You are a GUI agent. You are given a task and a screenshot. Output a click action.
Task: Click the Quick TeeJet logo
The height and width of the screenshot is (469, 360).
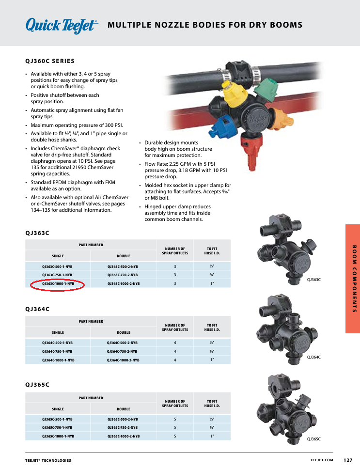coord(62,25)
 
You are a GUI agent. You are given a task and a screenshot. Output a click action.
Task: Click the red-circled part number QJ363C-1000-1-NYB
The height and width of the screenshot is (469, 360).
coord(58,283)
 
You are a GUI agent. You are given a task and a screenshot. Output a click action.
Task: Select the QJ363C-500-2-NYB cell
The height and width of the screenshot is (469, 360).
coord(123,266)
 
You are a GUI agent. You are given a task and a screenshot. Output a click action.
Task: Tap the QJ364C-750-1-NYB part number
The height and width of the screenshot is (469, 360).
coord(58,351)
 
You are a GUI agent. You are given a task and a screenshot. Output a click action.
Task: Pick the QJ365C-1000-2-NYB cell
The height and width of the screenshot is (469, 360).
coord(123,436)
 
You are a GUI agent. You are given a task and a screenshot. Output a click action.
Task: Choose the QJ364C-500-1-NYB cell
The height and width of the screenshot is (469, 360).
coord(58,343)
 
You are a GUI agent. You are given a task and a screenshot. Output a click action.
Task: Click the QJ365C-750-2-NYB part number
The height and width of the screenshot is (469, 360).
coord(123,427)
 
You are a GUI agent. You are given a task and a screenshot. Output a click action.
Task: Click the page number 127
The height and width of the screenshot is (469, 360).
coord(348,460)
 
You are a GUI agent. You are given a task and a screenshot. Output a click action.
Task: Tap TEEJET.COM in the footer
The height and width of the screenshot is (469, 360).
coord(322,460)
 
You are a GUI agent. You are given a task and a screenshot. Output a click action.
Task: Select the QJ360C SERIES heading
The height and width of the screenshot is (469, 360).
coord(50,61)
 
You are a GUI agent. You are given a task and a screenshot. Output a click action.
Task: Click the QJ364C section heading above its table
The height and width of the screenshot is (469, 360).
coord(37,309)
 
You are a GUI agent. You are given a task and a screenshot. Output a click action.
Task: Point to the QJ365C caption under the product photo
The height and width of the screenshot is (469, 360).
coord(313,439)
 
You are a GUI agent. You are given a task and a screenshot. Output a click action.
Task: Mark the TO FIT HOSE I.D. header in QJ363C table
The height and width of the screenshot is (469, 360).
coord(212,251)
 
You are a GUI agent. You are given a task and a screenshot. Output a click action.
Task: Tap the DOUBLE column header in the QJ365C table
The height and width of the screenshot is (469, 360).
coord(123,409)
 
